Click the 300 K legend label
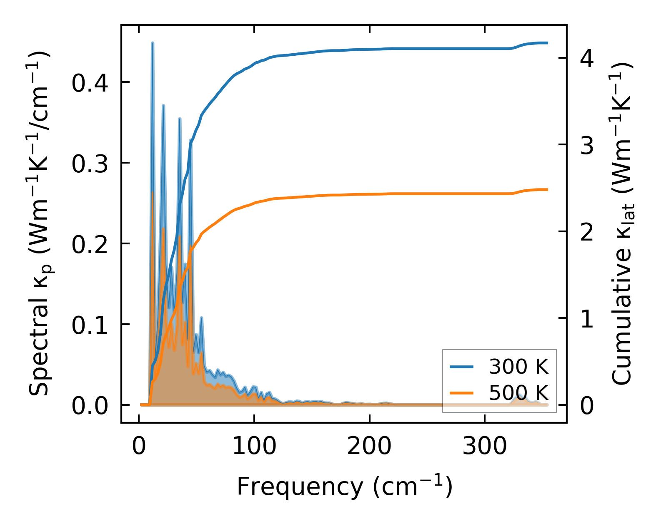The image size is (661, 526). (518, 367)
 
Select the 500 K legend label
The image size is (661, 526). (518, 392)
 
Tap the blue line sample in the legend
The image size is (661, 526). (462, 367)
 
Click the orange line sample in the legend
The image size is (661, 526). (462, 392)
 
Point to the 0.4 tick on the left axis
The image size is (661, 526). (90, 83)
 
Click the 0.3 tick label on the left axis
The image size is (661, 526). (90, 164)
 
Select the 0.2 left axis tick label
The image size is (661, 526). (90, 244)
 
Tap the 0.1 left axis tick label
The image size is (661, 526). (90, 325)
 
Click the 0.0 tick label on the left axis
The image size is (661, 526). (90, 406)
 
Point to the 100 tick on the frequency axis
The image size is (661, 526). (254, 447)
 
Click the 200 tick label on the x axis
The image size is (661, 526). (369, 447)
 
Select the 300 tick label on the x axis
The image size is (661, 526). (485, 447)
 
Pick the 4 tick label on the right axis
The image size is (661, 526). (587, 59)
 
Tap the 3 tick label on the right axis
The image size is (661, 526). (587, 145)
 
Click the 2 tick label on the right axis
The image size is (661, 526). (587, 232)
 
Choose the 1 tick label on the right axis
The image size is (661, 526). (587, 319)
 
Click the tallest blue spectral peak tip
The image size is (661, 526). (153, 43)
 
